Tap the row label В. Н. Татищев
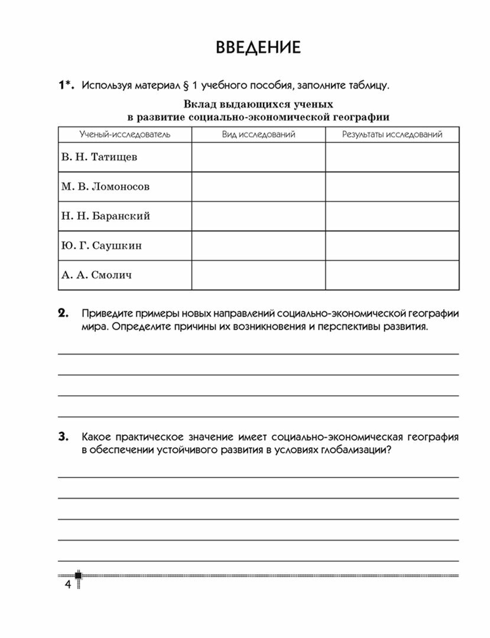(100, 158)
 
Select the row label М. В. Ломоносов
(105, 187)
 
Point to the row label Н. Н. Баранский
(105, 216)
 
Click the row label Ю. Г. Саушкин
(101, 246)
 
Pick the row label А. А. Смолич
(96, 275)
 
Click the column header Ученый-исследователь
(125, 135)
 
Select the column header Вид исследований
(258, 135)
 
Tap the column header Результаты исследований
(392, 135)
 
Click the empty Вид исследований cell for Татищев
(258, 158)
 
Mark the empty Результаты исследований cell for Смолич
(392, 275)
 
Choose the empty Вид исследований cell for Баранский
(258, 216)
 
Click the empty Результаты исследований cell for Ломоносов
(392, 187)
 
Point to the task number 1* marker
(65, 86)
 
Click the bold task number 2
(63, 313)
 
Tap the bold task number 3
(63, 437)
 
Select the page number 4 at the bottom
(66, 585)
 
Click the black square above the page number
(77, 575)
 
